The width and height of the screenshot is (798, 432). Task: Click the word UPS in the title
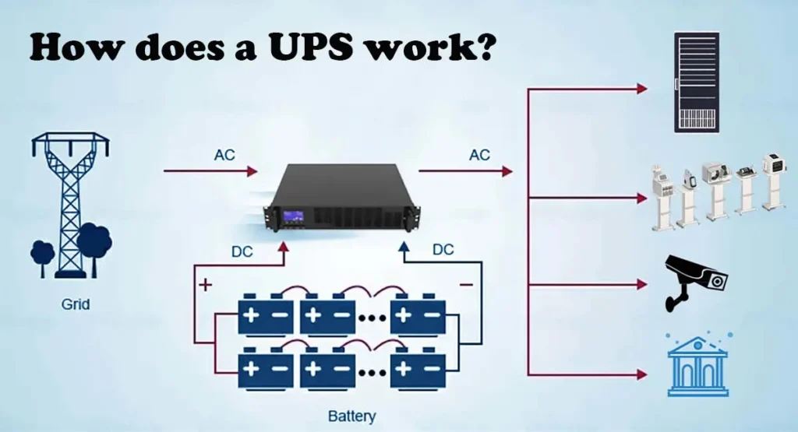tap(309, 47)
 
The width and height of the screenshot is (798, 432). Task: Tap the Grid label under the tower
tap(76, 304)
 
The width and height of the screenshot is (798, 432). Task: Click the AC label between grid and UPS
tap(224, 155)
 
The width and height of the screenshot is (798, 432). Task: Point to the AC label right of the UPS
tap(479, 155)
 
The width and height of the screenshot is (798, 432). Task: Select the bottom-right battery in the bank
tap(418, 364)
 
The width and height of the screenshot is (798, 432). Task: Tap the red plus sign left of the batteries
tap(206, 285)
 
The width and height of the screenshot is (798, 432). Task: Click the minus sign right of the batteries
tap(466, 285)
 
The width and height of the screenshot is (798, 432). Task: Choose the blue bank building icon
tap(697, 364)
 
